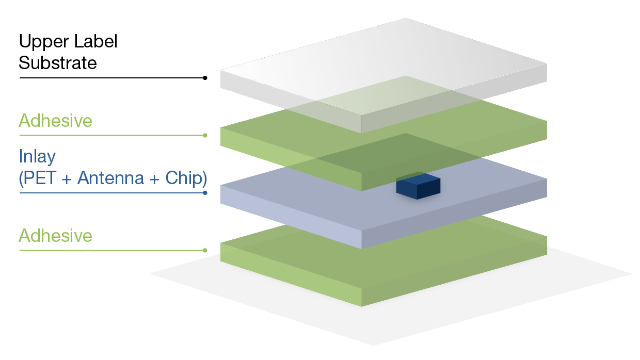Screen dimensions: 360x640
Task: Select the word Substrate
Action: click(x=58, y=63)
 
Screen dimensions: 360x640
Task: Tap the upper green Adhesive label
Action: click(x=55, y=121)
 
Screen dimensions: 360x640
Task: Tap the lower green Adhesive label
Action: click(x=55, y=236)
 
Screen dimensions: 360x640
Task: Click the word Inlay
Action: click(x=37, y=156)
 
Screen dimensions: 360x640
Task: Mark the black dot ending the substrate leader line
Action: click(x=205, y=78)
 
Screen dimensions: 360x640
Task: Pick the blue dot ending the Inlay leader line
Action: click(x=205, y=193)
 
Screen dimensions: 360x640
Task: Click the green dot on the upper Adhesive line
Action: click(x=205, y=136)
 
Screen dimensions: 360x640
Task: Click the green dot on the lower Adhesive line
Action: click(x=205, y=251)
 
